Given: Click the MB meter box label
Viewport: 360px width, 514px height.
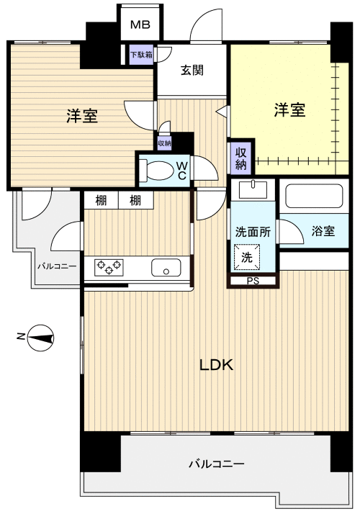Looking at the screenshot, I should [x=140, y=25].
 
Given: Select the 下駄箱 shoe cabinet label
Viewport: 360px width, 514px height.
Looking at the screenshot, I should [x=140, y=54].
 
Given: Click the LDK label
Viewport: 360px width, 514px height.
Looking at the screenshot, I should [x=216, y=365].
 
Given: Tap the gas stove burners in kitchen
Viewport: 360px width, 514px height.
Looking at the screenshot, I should [x=109, y=268].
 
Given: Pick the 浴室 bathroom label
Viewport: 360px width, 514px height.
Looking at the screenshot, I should [x=323, y=231].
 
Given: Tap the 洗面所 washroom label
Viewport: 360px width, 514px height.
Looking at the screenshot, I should [x=253, y=232].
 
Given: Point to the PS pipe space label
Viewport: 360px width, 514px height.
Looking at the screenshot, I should [x=252, y=281].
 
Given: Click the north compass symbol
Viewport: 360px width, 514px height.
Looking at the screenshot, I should [x=41, y=337].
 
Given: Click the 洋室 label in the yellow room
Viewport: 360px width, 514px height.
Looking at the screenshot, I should [x=289, y=110].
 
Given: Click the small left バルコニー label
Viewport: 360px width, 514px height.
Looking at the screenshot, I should [x=57, y=266].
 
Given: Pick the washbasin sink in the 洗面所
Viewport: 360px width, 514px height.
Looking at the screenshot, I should [x=252, y=190].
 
